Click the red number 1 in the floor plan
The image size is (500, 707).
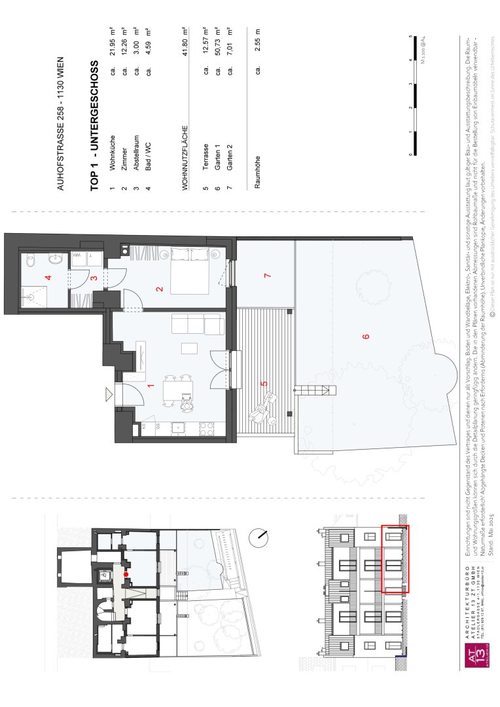pyautogui.click(x=150, y=386)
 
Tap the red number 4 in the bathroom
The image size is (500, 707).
pyautogui.click(x=46, y=278)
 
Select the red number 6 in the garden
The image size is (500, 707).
pyautogui.click(x=366, y=336)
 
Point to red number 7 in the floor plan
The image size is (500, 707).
pyautogui.click(x=266, y=276)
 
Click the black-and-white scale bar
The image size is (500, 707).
pyautogui.click(x=412, y=95)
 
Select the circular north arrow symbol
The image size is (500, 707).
pyautogui.click(x=260, y=536)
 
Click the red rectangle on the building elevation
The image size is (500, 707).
pyautogui.click(x=395, y=559)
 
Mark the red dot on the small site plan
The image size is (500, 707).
pyautogui.click(x=127, y=574)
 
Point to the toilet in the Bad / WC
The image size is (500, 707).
pyautogui.click(x=31, y=261)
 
